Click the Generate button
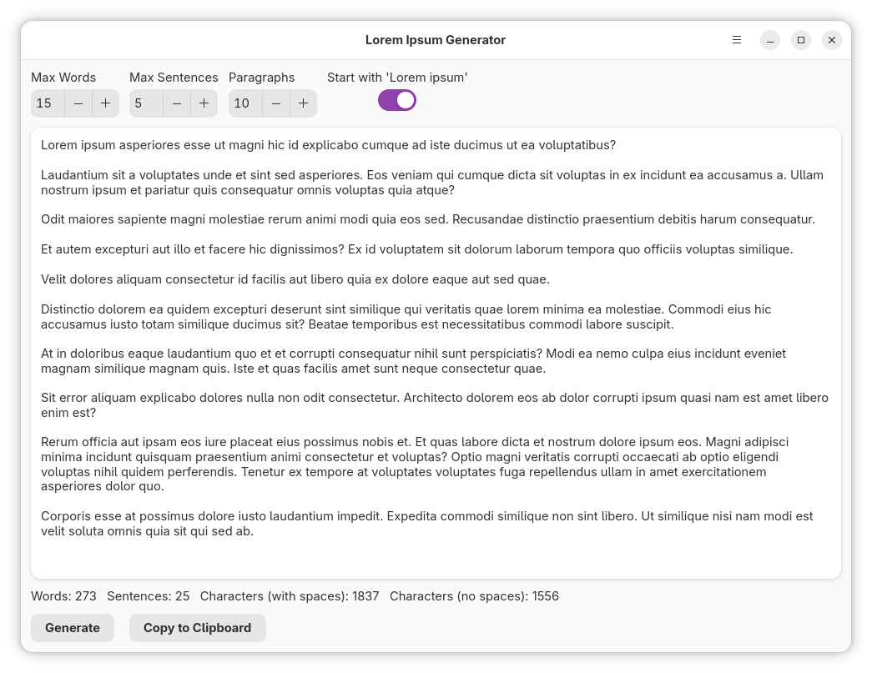[72, 628]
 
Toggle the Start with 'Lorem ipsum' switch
[397, 101]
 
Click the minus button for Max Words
[78, 103]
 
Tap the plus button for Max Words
[106, 103]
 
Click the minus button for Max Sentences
[177, 103]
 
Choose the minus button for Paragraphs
[276, 103]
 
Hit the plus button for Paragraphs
[304, 103]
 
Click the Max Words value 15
[45, 103]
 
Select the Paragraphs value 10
[242, 103]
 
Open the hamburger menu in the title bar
[737, 40]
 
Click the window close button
[831, 40]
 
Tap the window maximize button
[801, 40]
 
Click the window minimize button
[770, 40]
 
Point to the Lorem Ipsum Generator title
[435, 40]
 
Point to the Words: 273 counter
[63, 596]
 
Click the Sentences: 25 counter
[149, 596]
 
